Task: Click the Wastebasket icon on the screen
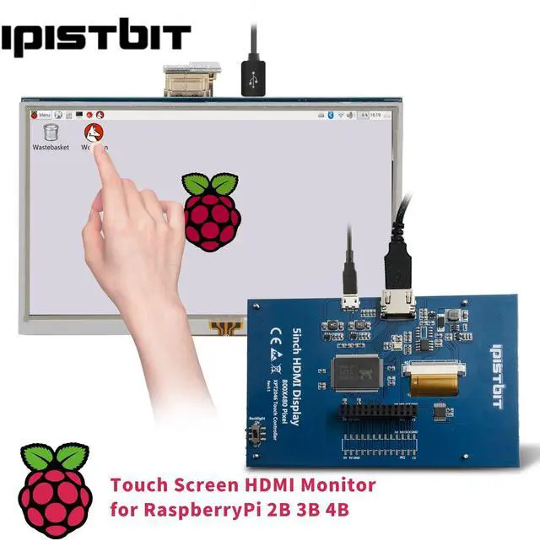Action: coord(51,133)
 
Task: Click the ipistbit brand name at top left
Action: coord(95,38)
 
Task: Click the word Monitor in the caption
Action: coord(336,485)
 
